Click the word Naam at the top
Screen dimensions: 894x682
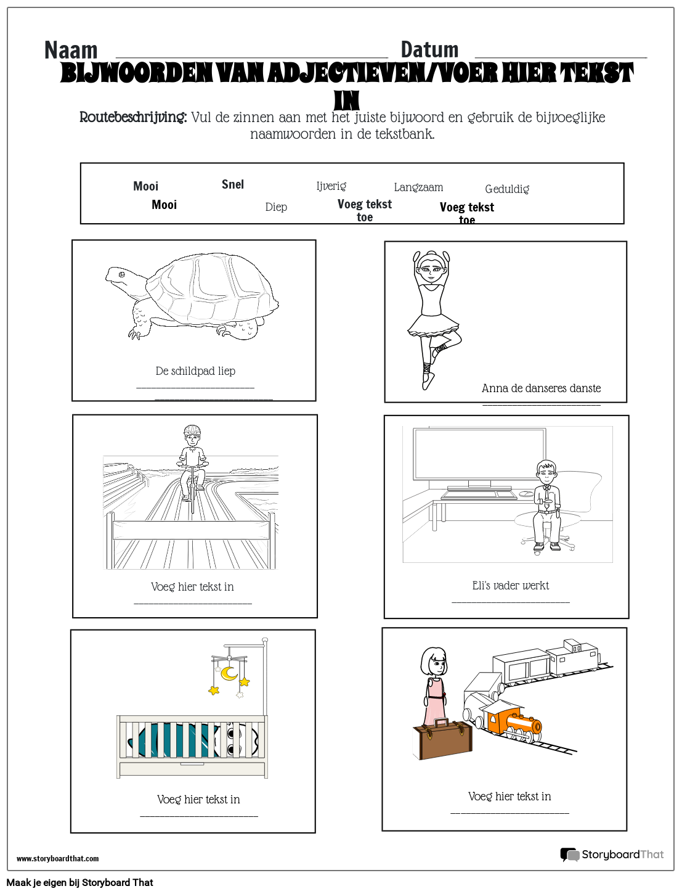pyautogui.click(x=71, y=51)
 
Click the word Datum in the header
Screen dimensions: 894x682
pyautogui.click(x=429, y=50)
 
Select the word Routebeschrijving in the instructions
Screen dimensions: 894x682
pyautogui.click(x=133, y=117)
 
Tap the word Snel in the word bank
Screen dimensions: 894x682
pyautogui.click(x=233, y=184)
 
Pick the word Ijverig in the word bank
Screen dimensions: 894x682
pyautogui.click(x=331, y=186)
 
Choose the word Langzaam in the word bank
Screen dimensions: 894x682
pyautogui.click(x=418, y=187)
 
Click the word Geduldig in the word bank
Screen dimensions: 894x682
pyautogui.click(x=507, y=189)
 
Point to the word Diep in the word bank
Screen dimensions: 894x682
pyautogui.click(x=276, y=207)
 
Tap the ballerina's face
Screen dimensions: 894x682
pyautogui.click(x=431, y=268)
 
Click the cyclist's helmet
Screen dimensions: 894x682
pyautogui.click(x=192, y=430)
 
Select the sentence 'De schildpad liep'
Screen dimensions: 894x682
pyautogui.click(x=195, y=371)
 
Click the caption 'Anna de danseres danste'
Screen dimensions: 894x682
pyautogui.click(x=541, y=388)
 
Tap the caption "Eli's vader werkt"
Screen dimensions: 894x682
pyautogui.click(x=510, y=586)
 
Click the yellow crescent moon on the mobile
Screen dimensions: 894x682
pyautogui.click(x=229, y=673)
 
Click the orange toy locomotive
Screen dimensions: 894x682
pyautogui.click(x=513, y=722)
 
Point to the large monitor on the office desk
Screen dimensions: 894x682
pyautogui.click(x=479, y=455)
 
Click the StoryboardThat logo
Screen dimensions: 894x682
pyautogui.click(x=612, y=855)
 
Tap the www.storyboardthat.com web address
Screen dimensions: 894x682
pyautogui.click(x=57, y=858)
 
